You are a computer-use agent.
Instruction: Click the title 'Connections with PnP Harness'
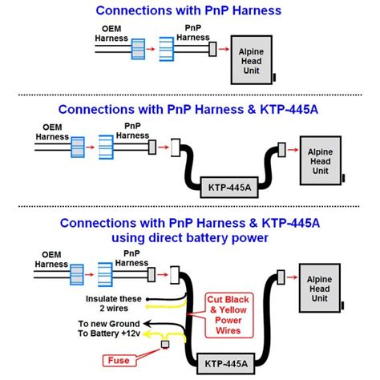(x=189, y=11)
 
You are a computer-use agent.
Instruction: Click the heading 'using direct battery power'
(x=189, y=237)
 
